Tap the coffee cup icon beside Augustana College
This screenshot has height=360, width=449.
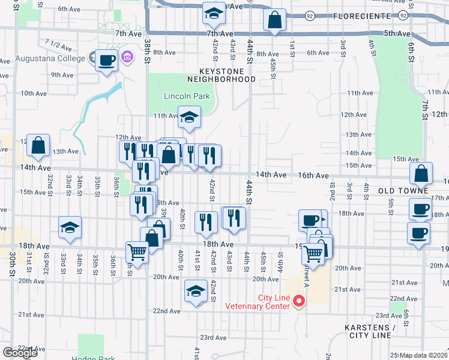click(x=106, y=60)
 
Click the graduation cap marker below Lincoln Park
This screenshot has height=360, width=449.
click(x=189, y=116)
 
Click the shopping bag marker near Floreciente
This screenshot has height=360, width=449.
click(x=275, y=20)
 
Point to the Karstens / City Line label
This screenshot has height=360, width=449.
click(x=370, y=332)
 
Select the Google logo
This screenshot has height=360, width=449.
click(x=20, y=353)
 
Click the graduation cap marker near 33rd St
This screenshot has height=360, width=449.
click(x=70, y=227)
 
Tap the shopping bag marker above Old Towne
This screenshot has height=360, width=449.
click(x=421, y=173)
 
